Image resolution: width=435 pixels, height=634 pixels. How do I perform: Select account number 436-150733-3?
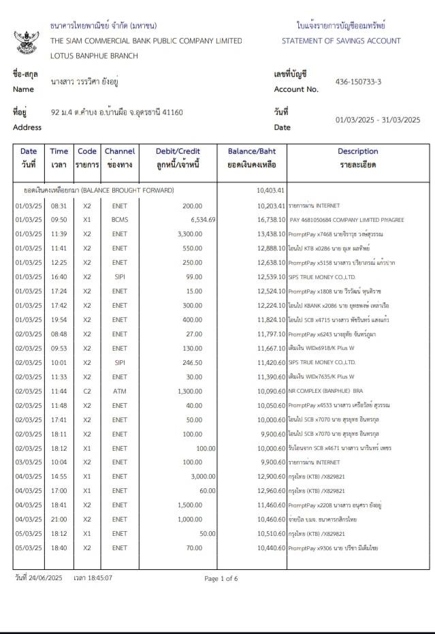click(x=358, y=82)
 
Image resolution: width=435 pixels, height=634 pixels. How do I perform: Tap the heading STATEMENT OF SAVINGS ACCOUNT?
click(x=341, y=41)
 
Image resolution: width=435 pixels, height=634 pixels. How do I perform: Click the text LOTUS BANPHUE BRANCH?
click(x=94, y=56)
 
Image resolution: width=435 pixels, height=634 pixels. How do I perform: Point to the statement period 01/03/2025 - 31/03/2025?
click(x=378, y=120)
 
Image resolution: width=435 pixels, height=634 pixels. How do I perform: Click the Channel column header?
click(x=119, y=157)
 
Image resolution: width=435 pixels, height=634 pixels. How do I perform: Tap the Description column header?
click(x=357, y=157)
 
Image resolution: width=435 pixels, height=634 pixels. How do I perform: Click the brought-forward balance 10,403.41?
click(x=270, y=190)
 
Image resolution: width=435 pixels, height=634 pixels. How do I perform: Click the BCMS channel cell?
click(x=119, y=220)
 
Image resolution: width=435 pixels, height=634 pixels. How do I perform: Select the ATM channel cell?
click(x=119, y=392)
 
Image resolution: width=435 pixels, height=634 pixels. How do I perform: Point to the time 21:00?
click(x=59, y=520)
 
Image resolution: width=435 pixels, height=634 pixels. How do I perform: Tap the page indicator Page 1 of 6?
click(x=221, y=579)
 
